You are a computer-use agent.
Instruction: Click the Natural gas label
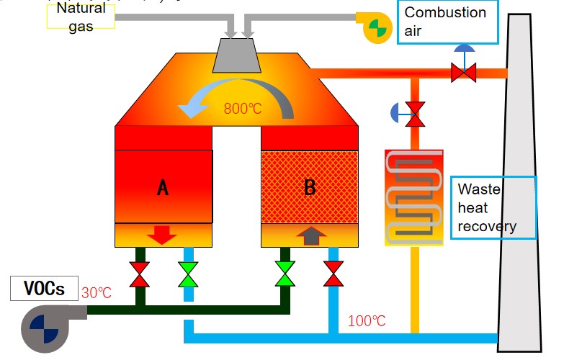click(81, 16)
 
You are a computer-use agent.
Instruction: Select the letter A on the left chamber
click(163, 188)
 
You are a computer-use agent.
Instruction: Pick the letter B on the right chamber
click(310, 187)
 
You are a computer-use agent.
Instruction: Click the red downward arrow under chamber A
click(162, 235)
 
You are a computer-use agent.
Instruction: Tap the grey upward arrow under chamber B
click(309, 235)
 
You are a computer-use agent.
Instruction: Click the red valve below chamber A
click(140, 274)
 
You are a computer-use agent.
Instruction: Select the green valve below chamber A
click(188, 274)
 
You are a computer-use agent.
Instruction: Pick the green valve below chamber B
click(285, 274)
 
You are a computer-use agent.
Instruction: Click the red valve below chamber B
click(333, 274)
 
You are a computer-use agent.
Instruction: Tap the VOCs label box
click(45, 289)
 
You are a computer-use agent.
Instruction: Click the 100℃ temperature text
click(367, 321)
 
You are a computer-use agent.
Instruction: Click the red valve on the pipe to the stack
click(463, 72)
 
